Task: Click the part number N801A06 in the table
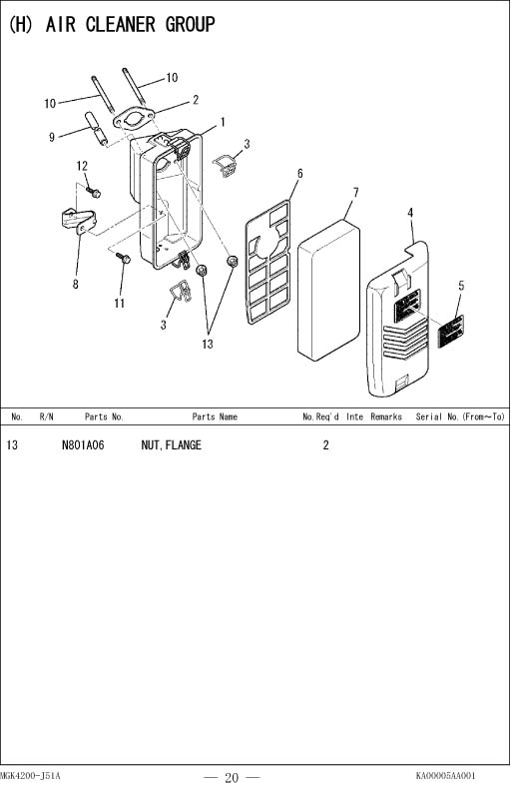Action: [83, 444]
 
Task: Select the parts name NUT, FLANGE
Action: [171, 444]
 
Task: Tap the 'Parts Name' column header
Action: [215, 416]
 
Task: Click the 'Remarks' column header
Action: [386, 416]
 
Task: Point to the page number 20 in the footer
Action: [232, 777]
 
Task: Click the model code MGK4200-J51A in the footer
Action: [30, 775]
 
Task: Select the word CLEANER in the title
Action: [121, 24]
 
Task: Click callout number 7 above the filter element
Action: [356, 193]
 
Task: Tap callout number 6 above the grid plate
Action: [300, 174]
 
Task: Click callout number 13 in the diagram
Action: [208, 345]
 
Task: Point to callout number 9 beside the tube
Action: [52, 137]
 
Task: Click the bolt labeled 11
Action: [124, 258]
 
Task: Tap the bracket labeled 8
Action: [78, 221]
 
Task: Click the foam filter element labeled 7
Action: [328, 291]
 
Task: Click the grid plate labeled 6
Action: [267, 262]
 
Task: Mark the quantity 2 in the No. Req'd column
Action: [326, 444]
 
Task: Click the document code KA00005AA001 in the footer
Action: [445, 775]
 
